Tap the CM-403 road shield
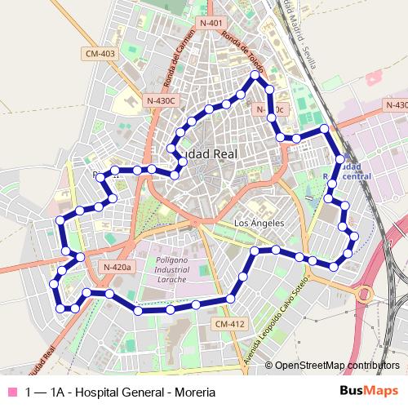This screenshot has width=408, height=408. [100, 54]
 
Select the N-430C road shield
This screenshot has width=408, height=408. [162, 100]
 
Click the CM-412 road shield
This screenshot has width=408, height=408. [230, 324]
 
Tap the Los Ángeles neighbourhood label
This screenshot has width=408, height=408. [259, 223]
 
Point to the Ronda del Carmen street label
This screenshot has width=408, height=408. [174, 64]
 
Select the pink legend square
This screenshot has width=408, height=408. [11, 392]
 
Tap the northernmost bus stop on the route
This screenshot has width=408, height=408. [255, 76]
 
